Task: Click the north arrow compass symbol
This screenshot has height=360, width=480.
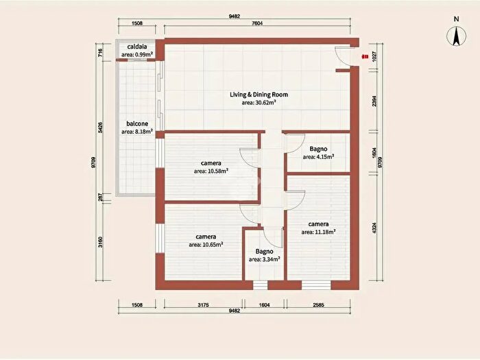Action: tap(456, 36)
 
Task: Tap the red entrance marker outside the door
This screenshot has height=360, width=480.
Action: tap(365, 57)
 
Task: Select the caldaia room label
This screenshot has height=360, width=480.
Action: tap(137, 47)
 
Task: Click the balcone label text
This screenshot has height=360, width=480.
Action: tap(137, 123)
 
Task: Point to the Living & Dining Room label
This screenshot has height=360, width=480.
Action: tap(259, 95)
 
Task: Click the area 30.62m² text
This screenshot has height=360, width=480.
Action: tap(259, 103)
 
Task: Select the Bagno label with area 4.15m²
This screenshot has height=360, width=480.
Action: tap(318, 149)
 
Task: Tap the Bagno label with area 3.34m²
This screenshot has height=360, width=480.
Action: tap(264, 252)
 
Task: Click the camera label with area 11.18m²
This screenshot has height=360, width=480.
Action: tap(318, 224)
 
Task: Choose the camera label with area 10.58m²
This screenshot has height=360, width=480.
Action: tap(211, 163)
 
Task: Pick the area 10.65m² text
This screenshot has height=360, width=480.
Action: tap(206, 245)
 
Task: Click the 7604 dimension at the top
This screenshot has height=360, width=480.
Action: tap(256, 23)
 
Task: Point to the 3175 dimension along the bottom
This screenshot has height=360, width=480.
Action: tap(203, 305)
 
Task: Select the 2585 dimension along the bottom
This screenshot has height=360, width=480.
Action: tap(318, 305)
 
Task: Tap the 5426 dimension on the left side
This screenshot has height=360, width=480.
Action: tap(100, 128)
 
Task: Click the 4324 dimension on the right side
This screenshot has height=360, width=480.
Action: tap(374, 228)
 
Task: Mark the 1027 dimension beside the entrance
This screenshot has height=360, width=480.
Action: tap(374, 57)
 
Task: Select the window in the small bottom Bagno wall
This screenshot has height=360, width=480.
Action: tap(260, 285)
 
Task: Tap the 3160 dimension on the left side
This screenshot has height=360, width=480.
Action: tap(100, 242)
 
